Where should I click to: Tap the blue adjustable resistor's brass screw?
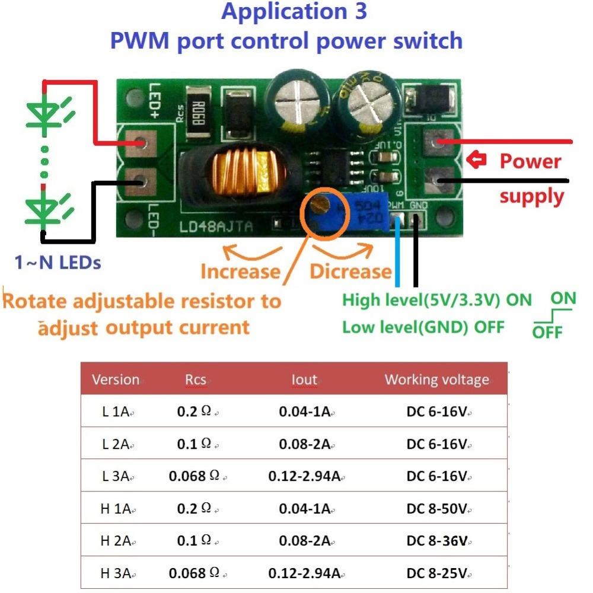(x=321, y=205)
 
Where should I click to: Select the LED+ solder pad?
(x=141, y=143)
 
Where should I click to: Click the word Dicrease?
(x=350, y=271)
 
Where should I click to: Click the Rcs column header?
(x=195, y=380)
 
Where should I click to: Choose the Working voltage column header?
(x=437, y=380)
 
